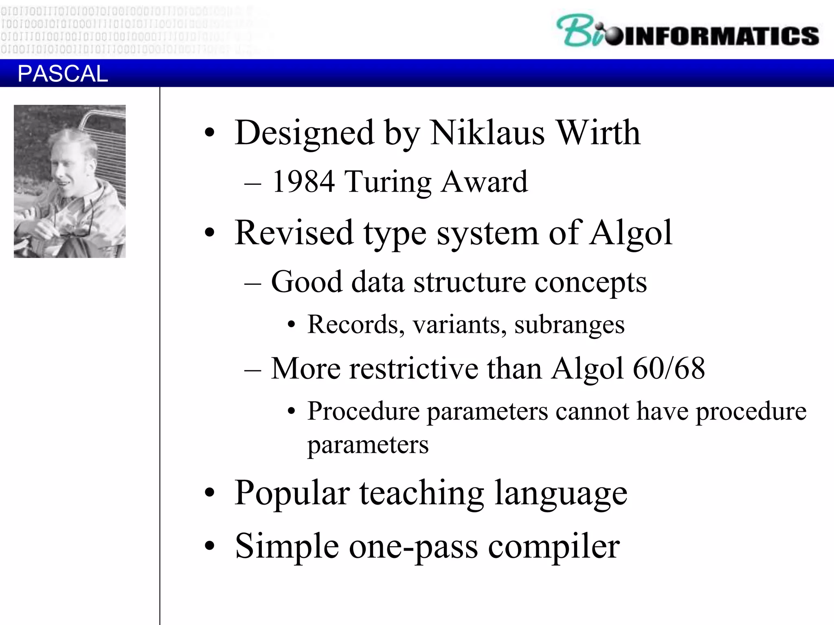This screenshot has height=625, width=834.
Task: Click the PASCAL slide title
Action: click(x=63, y=74)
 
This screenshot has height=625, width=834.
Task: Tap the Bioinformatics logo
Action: click(x=687, y=31)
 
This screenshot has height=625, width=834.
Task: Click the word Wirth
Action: click(x=598, y=133)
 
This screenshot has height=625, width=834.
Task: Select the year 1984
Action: click(x=303, y=181)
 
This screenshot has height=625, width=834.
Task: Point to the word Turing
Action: click(x=388, y=182)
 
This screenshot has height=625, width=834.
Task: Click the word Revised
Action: click(x=294, y=233)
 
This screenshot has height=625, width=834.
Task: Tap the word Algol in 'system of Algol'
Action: click(x=631, y=233)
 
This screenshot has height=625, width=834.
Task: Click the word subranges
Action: click(x=569, y=325)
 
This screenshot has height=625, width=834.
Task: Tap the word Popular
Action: click(x=292, y=493)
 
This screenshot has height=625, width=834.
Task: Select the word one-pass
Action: click(x=413, y=547)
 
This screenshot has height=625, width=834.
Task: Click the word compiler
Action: click(x=554, y=547)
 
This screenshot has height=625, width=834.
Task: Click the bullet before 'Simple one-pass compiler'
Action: click(x=209, y=545)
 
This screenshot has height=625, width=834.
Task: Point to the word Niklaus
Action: click(x=487, y=133)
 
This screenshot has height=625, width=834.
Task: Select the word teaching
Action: click(x=421, y=493)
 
